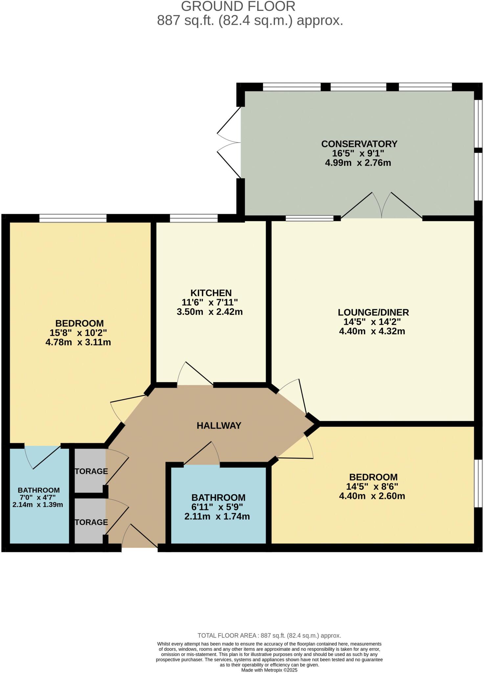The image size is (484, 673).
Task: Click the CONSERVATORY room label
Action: (359, 144)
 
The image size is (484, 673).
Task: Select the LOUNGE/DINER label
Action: (373, 312)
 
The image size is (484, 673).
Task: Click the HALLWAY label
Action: (219, 426)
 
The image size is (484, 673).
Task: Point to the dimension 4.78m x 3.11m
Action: (78, 342)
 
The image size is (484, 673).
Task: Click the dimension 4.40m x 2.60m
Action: (372, 496)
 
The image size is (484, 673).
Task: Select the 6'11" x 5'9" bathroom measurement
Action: (218, 507)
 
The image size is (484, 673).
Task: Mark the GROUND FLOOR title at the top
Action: (238, 7)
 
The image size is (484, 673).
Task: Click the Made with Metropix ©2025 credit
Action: (269, 670)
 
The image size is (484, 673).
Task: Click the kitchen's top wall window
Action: (194, 218)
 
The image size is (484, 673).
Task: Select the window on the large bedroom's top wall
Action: (73, 218)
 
